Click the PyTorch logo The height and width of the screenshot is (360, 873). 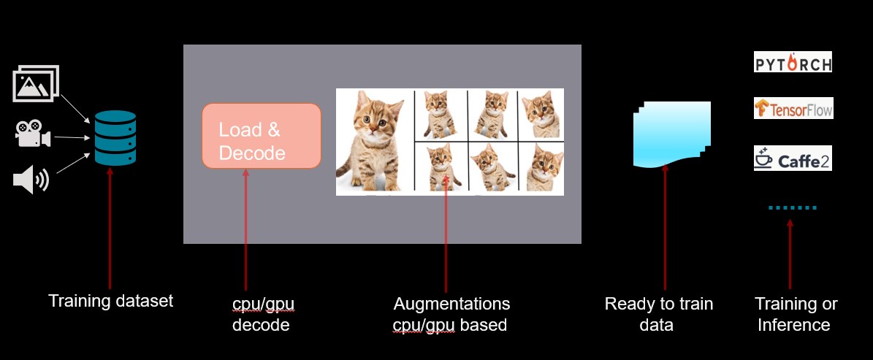(x=793, y=62)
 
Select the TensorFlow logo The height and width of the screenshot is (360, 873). (x=793, y=109)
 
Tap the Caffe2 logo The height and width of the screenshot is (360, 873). (x=793, y=158)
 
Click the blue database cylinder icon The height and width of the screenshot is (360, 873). (x=115, y=138)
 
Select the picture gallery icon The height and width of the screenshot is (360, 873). (x=36, y=83)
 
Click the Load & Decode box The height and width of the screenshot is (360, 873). (x=261, y=136)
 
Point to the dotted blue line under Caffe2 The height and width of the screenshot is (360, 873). (x=792, y=208)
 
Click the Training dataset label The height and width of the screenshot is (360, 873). (x=110, y=301)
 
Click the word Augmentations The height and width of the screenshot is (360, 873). (x=451, y=303)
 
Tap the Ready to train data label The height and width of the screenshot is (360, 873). (x=658, y=314)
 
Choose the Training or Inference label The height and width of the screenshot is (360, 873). (x=796, y=314)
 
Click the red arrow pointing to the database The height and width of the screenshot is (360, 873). (x=110, y=226)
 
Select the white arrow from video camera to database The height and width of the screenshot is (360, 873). (x=72, y=137)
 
